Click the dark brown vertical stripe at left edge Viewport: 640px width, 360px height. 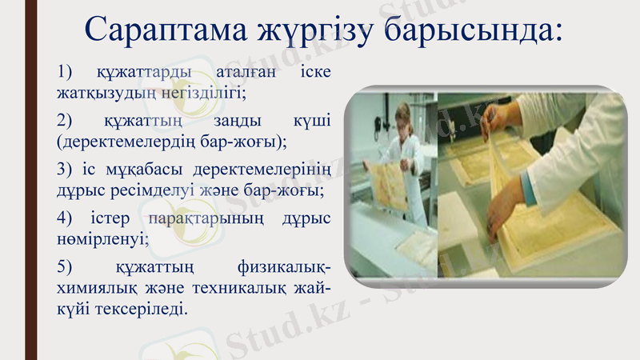[31, 180]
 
